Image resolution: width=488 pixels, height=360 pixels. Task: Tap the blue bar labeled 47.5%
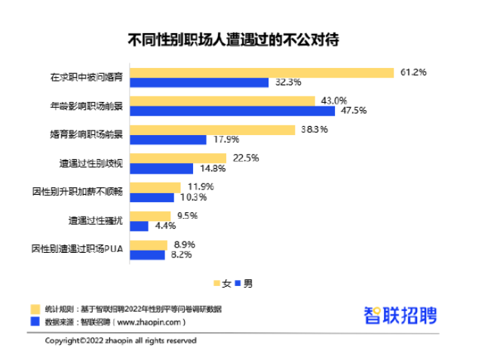coord(232,111)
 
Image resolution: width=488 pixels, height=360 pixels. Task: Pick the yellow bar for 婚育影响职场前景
coord(212,130)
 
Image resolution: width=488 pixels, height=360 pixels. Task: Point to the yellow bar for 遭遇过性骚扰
coord(149,216)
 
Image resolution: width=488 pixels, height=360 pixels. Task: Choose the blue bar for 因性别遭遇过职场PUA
coord(147,255)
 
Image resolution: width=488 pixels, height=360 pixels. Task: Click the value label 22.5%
coord(245,158)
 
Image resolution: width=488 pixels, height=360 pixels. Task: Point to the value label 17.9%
coord(226,140)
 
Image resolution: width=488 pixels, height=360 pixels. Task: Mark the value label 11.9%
coord(199,186)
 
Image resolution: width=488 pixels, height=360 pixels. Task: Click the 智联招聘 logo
coord(400,315)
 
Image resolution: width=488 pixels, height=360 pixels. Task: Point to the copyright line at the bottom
coord(121,340)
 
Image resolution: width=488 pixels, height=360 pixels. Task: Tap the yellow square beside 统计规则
coord(35,309)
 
